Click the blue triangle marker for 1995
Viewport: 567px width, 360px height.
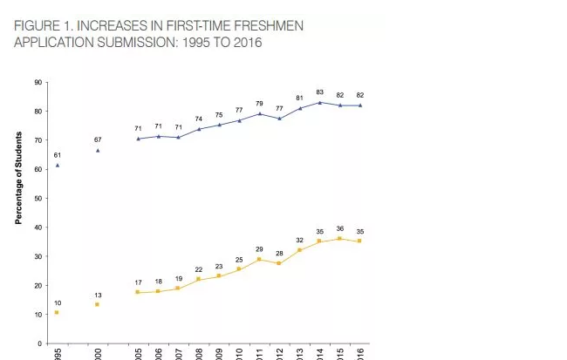57,165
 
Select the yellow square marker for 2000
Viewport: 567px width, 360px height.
98,304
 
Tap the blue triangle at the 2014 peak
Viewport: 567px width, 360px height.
319,103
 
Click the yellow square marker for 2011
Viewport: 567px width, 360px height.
259,259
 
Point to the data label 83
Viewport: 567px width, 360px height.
319,92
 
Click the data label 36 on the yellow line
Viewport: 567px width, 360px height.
340,228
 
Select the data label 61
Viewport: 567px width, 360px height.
57,154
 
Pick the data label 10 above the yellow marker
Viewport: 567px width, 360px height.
57,302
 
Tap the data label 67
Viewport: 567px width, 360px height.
98,139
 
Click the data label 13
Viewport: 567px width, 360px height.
98,295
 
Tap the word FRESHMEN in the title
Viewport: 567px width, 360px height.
265,25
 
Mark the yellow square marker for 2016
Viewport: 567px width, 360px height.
360,241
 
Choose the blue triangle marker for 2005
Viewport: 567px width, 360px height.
138,139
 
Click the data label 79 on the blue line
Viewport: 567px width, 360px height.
259,104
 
